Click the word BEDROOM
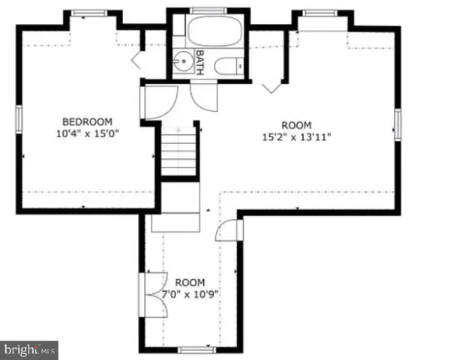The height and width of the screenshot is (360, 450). pyautogui.click(x=86, y=122)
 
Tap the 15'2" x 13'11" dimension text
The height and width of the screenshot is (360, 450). pyautogui.click(x=295, y=136)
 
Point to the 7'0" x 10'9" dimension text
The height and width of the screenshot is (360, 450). pyautogui.click(x=190, y=294)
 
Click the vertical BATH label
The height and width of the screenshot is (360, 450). pyautogui.click(x=200, y=58)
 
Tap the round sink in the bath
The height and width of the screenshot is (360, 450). pyautogui.click(x=182, y=59)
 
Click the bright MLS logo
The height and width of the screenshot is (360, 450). pyautogui.click(x=29, y=349)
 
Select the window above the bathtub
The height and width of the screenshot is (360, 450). pyautogui.click(x=202, y=10)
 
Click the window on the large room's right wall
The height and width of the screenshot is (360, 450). pyautogui.click(x=398, y=124)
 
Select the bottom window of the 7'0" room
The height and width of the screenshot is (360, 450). pyautogui.click(x=194, y=349)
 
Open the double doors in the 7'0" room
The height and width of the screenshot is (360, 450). pyautogui.click(x=151, y=294)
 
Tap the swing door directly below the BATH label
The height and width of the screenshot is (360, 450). pyautogui.click(x=203, y=96)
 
